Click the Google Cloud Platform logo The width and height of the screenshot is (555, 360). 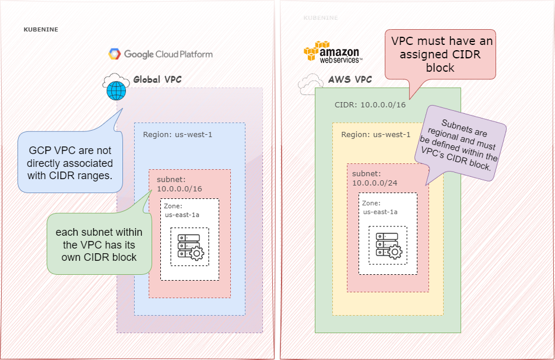[160, 54]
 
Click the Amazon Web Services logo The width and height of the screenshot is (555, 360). [333, 52]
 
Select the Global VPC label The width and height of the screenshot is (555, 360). [157, 79]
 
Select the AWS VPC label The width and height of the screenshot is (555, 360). [350, 79]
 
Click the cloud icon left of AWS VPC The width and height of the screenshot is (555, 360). [311, 84]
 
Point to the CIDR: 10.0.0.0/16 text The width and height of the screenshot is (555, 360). [370, 105]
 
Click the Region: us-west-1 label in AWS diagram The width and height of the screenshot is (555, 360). [376, 134]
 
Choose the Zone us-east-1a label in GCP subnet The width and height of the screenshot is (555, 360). [182, 210]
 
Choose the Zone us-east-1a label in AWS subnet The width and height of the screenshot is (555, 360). [380, 207]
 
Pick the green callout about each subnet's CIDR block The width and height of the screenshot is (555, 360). [99, 244]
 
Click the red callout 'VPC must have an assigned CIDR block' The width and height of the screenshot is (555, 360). [442, 55]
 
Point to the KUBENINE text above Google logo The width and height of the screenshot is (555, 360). [41, 29]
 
